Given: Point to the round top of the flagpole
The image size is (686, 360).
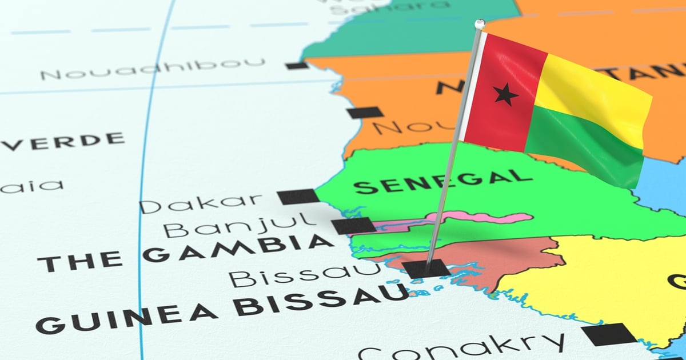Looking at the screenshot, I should pos(480,24).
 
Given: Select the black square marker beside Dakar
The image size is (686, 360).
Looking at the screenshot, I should pos(298,197).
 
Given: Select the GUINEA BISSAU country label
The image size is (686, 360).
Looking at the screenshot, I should pos(223,309).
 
